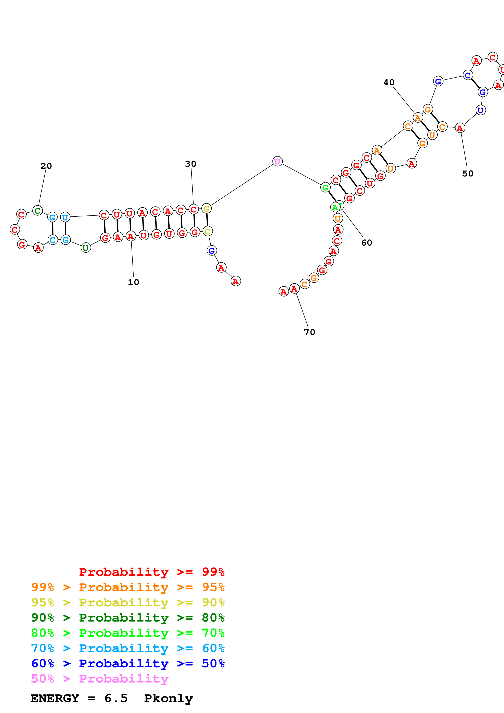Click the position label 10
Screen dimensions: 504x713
(x=134, y=282)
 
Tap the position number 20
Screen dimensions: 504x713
(x=46, y=166)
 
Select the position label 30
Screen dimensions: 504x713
(x=191, y=164)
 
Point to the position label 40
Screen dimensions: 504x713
(x=389, y=82)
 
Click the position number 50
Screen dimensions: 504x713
(x=468, y=174)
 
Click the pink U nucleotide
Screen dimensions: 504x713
(x=277, y=161)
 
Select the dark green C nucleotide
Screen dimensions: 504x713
(x=38, y=211)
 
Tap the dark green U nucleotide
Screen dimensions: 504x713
(x=86, y=248)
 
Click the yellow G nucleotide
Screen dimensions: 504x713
(x=207, y=209)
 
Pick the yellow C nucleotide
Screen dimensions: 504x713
(x=207, y=231)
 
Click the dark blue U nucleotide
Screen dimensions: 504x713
(x=480, y=110)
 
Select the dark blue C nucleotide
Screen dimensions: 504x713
(x=468, y=75)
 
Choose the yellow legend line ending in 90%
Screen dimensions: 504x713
(x=128, y=602)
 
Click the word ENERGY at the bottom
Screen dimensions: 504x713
(x=55, y=698)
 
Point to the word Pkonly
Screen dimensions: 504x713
(x=168, y=698)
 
